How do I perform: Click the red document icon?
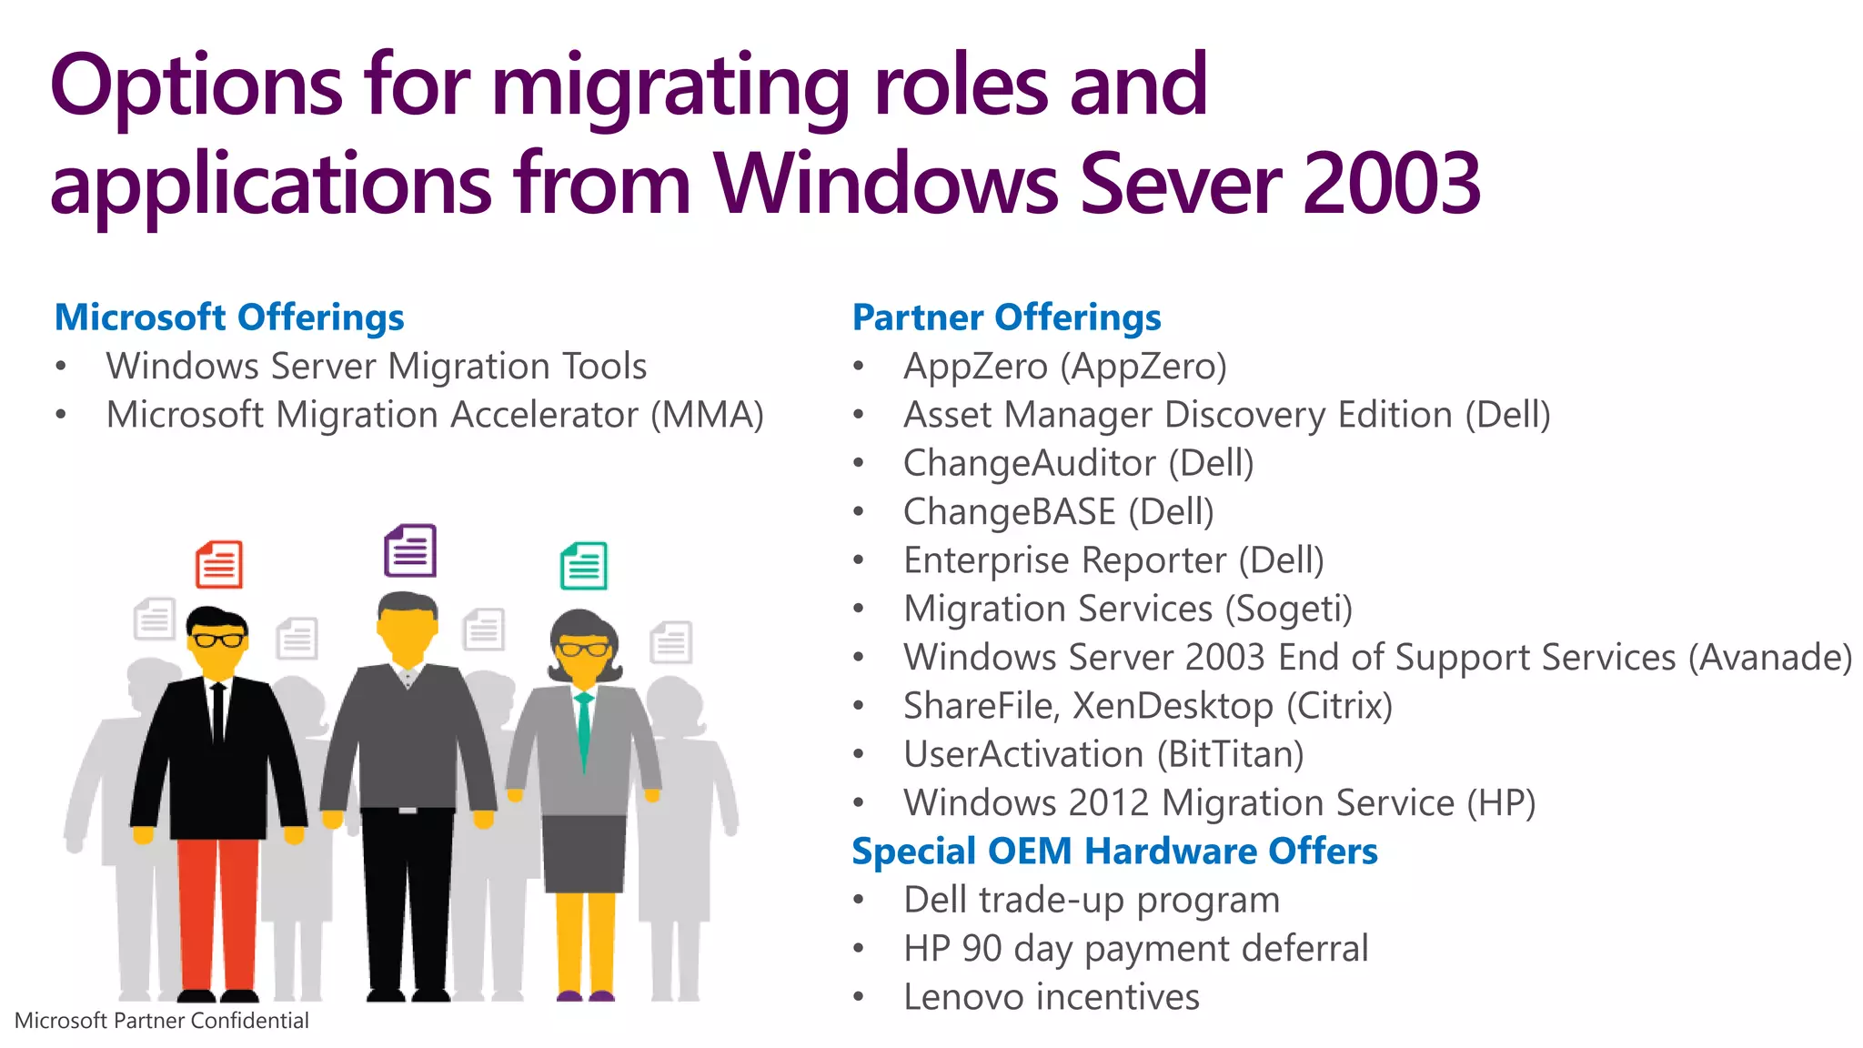pos(219,564)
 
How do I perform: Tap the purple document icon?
pos(410,550)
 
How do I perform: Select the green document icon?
pos(584,566)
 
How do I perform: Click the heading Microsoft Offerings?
pos(229,317)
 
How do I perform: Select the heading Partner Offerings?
pos(1006,317)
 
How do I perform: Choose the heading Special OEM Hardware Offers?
pos(1114,851)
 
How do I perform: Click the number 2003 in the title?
pos(1392,184)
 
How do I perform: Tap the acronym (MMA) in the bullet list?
pos(707,415)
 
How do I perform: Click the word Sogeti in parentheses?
pos(1288,609)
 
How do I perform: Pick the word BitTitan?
pos(1230,754)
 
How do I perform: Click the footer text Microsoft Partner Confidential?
pos(162,1021)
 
